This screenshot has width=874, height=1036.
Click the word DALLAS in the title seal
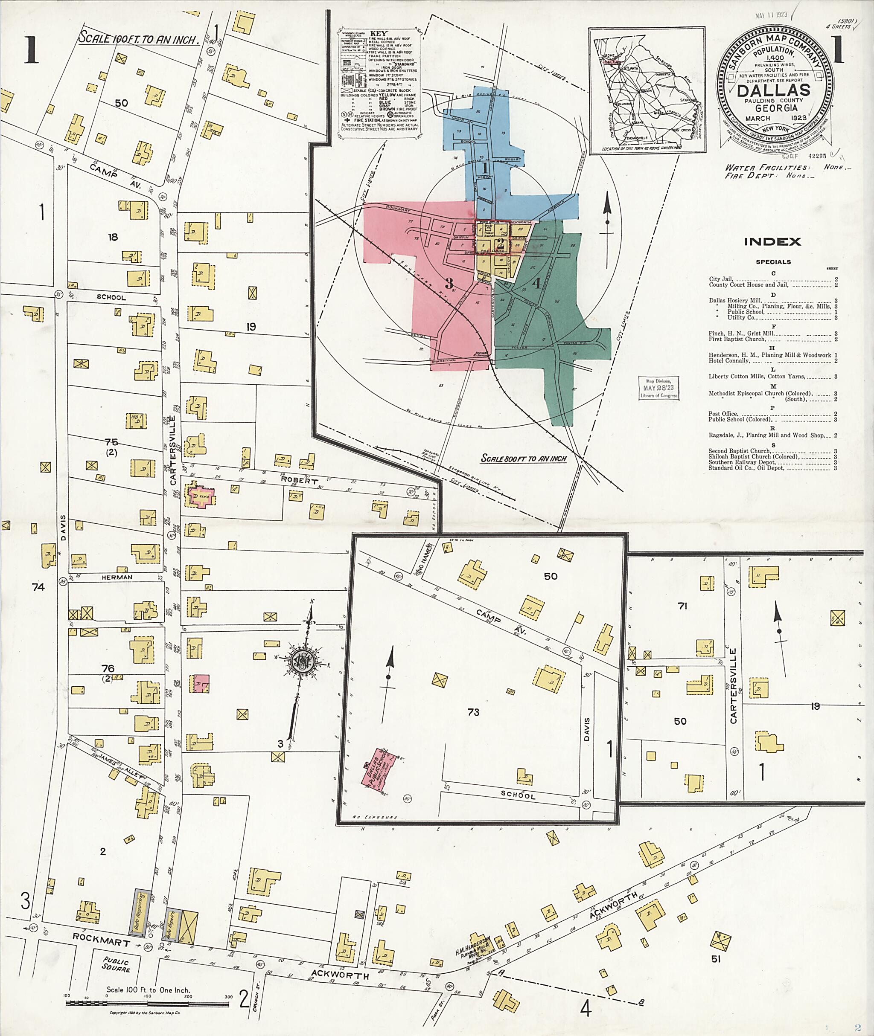click(773, 90)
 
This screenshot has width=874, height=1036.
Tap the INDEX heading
click(772, 242)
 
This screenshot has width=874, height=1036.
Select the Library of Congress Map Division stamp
click(658, 388)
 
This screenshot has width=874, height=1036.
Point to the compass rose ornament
click(302, 659)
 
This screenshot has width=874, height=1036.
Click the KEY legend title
click(379, 33)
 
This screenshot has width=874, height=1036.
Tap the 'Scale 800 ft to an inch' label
click(523, 459)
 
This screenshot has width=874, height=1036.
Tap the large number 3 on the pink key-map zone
click(449, 284)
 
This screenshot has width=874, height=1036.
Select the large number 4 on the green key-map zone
click(536, 284)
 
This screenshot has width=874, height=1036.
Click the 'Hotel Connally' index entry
click(729, 360)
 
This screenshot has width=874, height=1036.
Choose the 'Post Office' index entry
click(723, 414)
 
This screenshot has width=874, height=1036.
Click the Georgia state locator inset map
click(646, 90)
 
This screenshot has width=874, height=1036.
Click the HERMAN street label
click(117, 577)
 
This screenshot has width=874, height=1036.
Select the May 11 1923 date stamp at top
click(771, 15)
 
